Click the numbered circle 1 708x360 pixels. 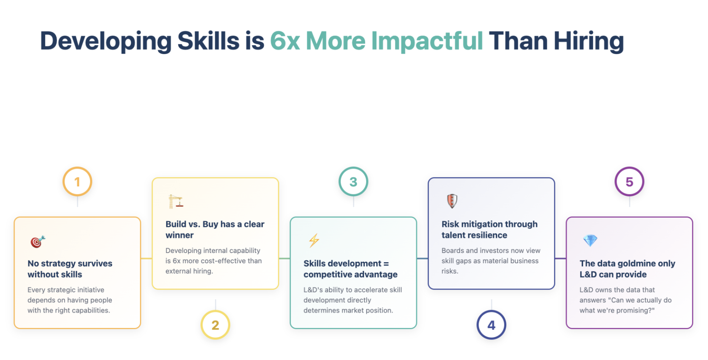tap(77, 181)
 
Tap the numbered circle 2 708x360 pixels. tap(215, 325)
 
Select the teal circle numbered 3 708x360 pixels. tap(353, 181)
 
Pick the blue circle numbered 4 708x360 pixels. tap(491, 325)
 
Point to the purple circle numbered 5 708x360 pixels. tap(629, 181)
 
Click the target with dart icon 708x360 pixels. tap(38, 242)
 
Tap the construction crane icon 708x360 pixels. tap(176, 201)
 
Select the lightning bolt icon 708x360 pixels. tap(314, 240)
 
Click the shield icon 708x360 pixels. tap(452, 201)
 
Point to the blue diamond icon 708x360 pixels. tap(590, 240)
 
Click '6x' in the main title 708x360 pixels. tap(285, 41)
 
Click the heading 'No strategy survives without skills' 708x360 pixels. tap(70, 269)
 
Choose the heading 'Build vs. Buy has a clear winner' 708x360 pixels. tap(215, 229)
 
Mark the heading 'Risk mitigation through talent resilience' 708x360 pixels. tap(490, 229)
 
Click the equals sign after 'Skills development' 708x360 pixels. tap(386, 264)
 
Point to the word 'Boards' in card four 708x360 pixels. tap(453, 250)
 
